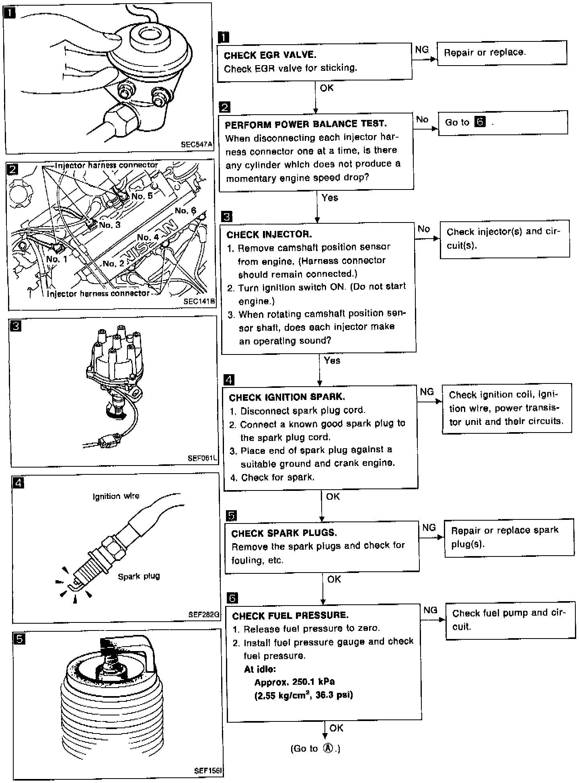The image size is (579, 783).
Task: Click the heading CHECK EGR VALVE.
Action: click(270, 55)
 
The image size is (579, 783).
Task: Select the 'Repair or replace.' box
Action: click(501, 53)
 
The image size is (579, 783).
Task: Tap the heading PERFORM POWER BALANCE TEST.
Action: click(306, 124)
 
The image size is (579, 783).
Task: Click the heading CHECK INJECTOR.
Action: click(269, 235)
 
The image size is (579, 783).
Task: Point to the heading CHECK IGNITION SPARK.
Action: click(287, 398)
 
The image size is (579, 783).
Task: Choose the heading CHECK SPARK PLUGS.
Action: click(284, 533)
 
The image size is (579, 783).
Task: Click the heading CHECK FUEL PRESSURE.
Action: click(290, 616)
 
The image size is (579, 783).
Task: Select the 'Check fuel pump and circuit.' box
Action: click(510, 620)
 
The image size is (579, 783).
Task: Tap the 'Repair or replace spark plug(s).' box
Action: click(509, 537)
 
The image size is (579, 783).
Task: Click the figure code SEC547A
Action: click(196, 145)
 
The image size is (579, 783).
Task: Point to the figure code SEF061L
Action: click(202, 458)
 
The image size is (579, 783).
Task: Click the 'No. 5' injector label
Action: click(142, 196)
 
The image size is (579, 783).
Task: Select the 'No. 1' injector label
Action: click(57, 259)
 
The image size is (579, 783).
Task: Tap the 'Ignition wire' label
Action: click(116, 497)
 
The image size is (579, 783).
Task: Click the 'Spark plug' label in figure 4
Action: click(139, 576)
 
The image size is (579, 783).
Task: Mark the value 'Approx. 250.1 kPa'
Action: click(294, 682)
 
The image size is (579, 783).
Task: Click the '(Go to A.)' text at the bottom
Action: click(315, 748)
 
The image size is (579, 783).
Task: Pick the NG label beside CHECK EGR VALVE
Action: click(422, 49)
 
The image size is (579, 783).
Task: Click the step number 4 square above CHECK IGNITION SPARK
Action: click(228, 380)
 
